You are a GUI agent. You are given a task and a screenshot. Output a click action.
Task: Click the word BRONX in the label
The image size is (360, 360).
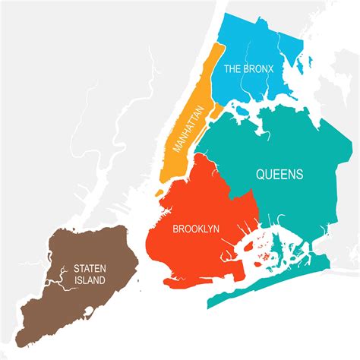click(x=260, y=68)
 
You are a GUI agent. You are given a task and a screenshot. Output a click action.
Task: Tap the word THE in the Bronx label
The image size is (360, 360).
click(x=233, y=68)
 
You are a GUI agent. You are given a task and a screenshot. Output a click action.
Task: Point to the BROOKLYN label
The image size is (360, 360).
click(x=196, y=228)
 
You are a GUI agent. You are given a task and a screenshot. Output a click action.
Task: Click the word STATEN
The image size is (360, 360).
click(x=90, y=267)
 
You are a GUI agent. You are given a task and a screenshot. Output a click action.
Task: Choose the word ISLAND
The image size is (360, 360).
click(x=90, y=280)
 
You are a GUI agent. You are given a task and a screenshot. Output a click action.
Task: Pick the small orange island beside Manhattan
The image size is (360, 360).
click(x=215, y=112)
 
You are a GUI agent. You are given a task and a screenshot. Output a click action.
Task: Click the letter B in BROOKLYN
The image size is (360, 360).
click(x=176, y=228)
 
